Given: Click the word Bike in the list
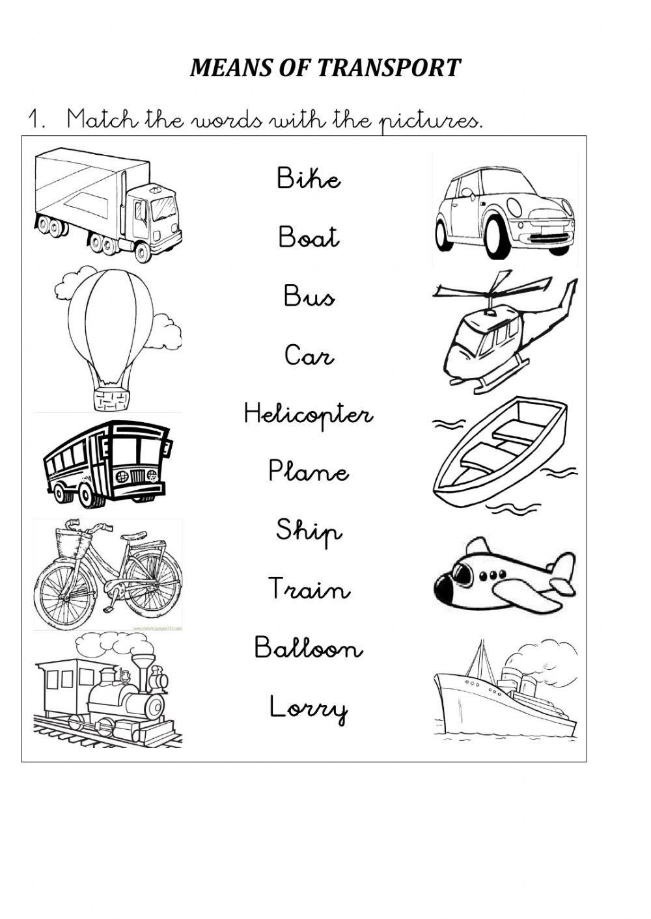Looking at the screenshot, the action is coord(309,178).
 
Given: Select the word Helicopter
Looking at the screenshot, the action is coord(309,414).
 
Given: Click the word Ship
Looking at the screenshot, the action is coord(309,532).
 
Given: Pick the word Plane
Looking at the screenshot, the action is coord(309,471).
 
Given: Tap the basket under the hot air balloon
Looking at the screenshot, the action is coord(110,399).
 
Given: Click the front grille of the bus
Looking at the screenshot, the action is coord(137,476).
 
